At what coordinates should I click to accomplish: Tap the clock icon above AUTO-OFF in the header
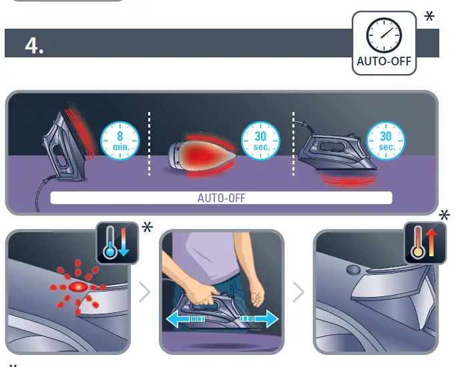coord(383,34)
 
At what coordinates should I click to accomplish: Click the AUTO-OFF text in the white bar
coord(221,198)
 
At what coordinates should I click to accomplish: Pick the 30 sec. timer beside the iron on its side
coord(256,140)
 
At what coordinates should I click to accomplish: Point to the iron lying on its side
coord(200,151)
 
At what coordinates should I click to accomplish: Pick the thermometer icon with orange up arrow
coord(419,243)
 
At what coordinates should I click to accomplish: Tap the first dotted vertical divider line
coord(149,143)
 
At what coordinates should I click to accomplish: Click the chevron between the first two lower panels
coord(145,292)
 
